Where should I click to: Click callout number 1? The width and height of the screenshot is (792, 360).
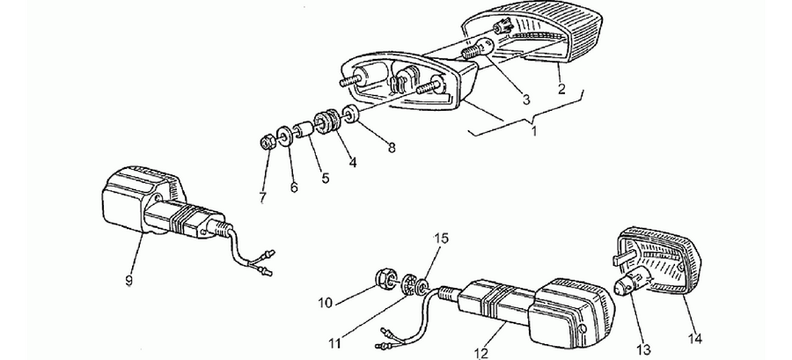click(x=534, y=131)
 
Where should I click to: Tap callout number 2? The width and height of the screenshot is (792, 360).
click(x=561, y=90)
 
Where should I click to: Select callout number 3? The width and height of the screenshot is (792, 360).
click(x=526, y=99)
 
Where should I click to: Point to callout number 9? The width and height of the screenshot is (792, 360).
click(x=128, y=280)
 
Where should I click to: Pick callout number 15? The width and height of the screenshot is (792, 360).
click(x=441, y=238)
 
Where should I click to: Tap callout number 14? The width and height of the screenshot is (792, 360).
click(x=695, y=339)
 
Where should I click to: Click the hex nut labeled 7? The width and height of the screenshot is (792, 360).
click(x=268, y=143)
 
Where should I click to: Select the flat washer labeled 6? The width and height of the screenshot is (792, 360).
click(x=285, y=136)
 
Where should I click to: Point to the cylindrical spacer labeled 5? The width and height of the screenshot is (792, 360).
click(x=303, y=130)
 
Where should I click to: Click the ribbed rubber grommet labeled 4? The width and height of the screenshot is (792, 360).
click(x=326, y=121)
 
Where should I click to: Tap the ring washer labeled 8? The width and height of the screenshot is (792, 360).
click(x=350, y=113)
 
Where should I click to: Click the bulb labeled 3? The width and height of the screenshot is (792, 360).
click(x=480, y=49)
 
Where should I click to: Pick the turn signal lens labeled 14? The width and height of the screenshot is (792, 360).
click(x=658, y=260)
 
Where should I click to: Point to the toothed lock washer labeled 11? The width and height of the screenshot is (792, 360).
click(x=410, y=284)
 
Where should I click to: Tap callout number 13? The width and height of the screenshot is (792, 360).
click(x=644, y=350)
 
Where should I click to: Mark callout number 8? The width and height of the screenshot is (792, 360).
click(x=392, y=148)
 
